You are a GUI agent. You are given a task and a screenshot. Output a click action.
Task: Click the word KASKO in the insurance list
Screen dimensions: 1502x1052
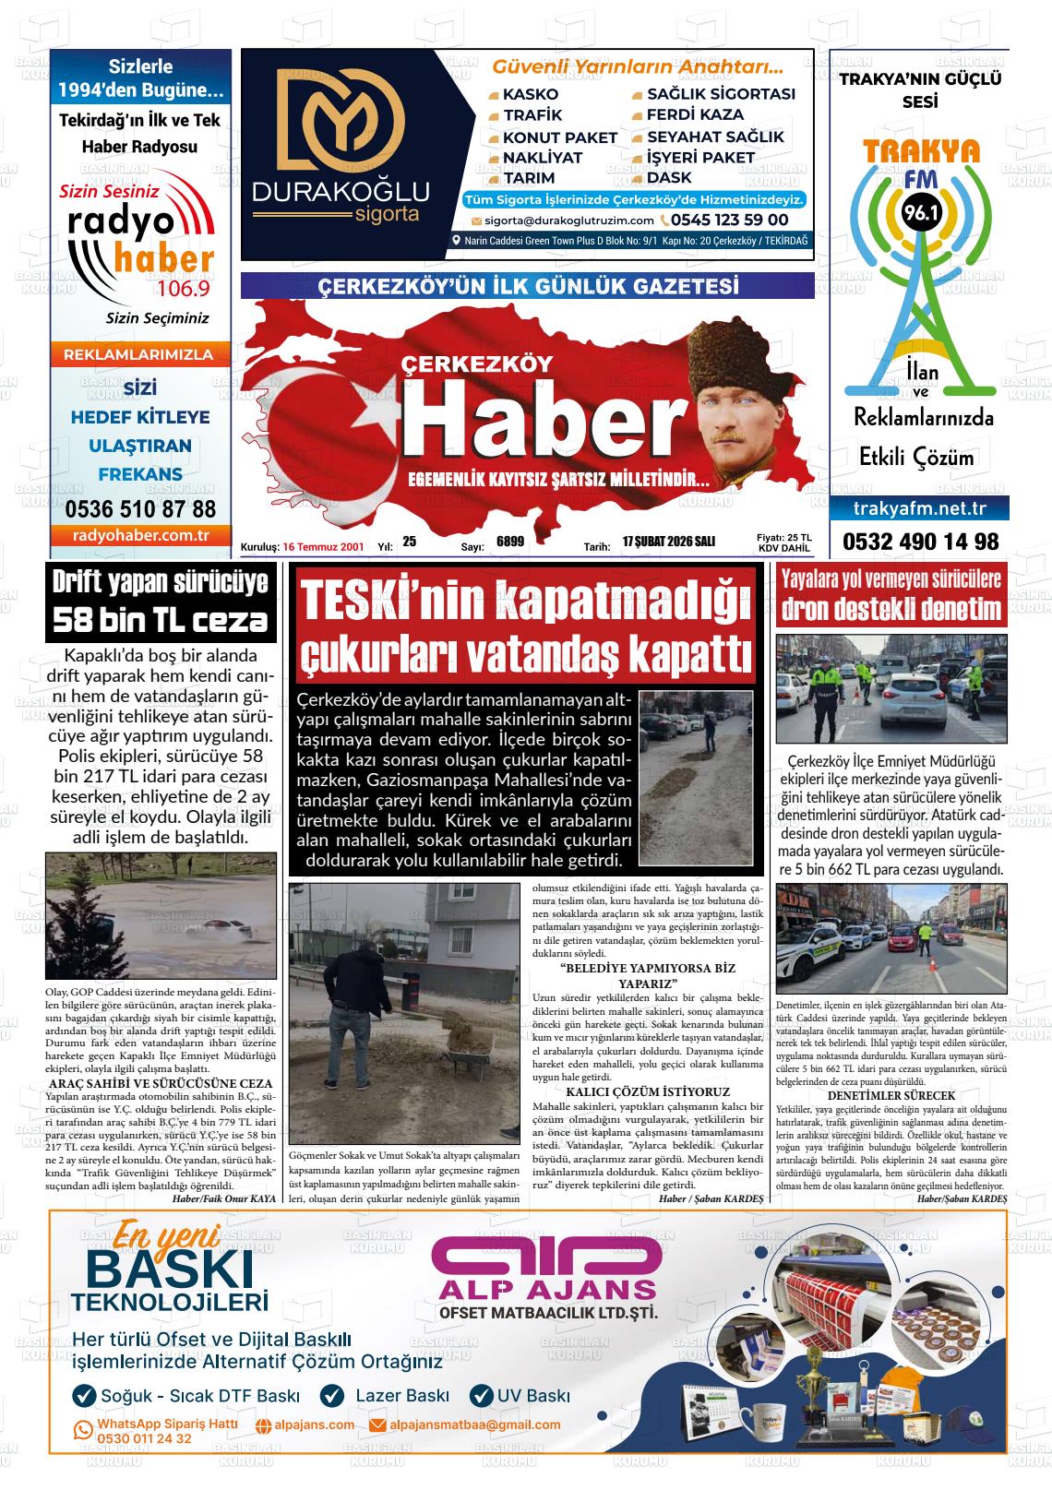(530, 94)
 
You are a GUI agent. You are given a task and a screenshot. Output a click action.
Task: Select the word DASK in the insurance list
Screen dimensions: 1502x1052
(669, 177)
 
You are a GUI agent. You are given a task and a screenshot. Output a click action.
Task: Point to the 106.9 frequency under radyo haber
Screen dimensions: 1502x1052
(184, 289)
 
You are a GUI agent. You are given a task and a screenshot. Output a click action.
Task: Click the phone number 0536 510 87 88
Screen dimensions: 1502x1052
(140, 509)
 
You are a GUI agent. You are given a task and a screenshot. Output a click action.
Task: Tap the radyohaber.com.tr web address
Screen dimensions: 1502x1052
(140, 535)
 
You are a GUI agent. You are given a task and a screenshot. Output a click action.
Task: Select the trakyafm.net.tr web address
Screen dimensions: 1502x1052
(920, 508)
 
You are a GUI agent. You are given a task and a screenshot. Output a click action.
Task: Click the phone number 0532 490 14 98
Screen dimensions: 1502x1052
(920, 542)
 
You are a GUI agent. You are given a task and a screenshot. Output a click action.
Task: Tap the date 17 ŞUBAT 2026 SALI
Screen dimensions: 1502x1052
(668, 542)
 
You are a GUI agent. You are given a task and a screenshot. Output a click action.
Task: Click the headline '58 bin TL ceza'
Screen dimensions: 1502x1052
(161, 620)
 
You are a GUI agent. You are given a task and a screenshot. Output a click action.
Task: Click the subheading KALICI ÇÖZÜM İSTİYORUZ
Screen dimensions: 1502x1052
(647, 1091)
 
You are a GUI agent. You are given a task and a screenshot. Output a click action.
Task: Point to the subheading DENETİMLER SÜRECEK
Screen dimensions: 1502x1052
(891, 1094)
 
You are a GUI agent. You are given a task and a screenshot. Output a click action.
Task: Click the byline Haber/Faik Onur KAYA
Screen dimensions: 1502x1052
(224, 1198)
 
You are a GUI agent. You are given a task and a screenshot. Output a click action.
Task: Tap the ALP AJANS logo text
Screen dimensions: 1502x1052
(547, 1288)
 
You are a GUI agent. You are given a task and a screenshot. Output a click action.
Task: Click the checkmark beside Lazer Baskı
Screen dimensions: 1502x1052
(331, 1396)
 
